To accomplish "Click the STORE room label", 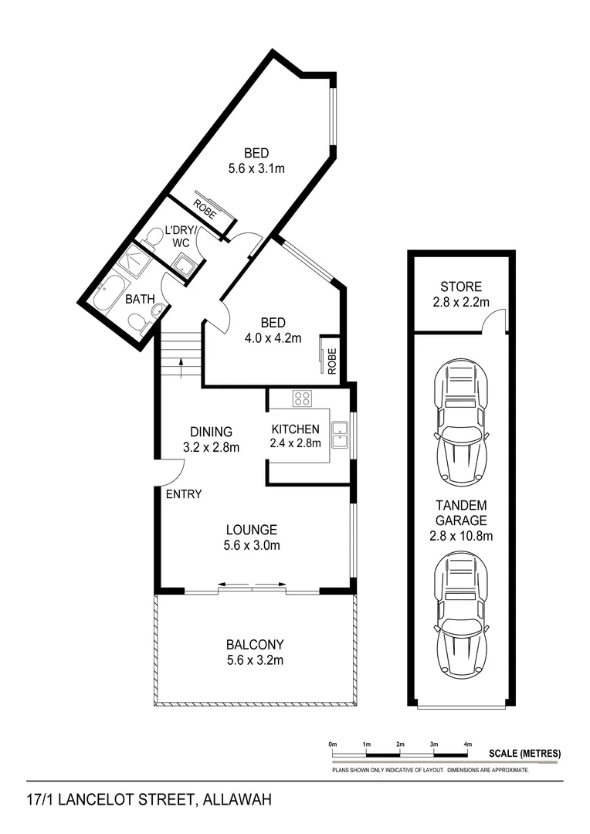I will tap(460, 286).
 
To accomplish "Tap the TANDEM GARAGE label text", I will tap(461, 512).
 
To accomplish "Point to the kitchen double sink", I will tap(338, 435).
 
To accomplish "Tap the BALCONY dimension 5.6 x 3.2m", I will tap(255, 659).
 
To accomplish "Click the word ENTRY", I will tap(184, 494).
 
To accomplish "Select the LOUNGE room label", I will tap(252, 530).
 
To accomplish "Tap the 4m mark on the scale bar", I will tap(468, 744).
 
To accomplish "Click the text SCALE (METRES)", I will tap(524, 754).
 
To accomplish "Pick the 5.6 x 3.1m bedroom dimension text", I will tap(256, 168).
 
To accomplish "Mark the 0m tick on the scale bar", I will tap(333, 744).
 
